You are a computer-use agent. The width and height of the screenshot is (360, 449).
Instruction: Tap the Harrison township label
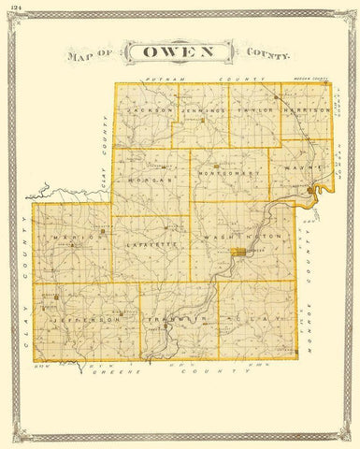click(x=308, y=109)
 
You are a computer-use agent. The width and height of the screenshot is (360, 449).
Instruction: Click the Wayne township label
click(x=300, y=168)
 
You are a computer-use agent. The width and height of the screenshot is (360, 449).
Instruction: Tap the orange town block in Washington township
click(x=244, y=252)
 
